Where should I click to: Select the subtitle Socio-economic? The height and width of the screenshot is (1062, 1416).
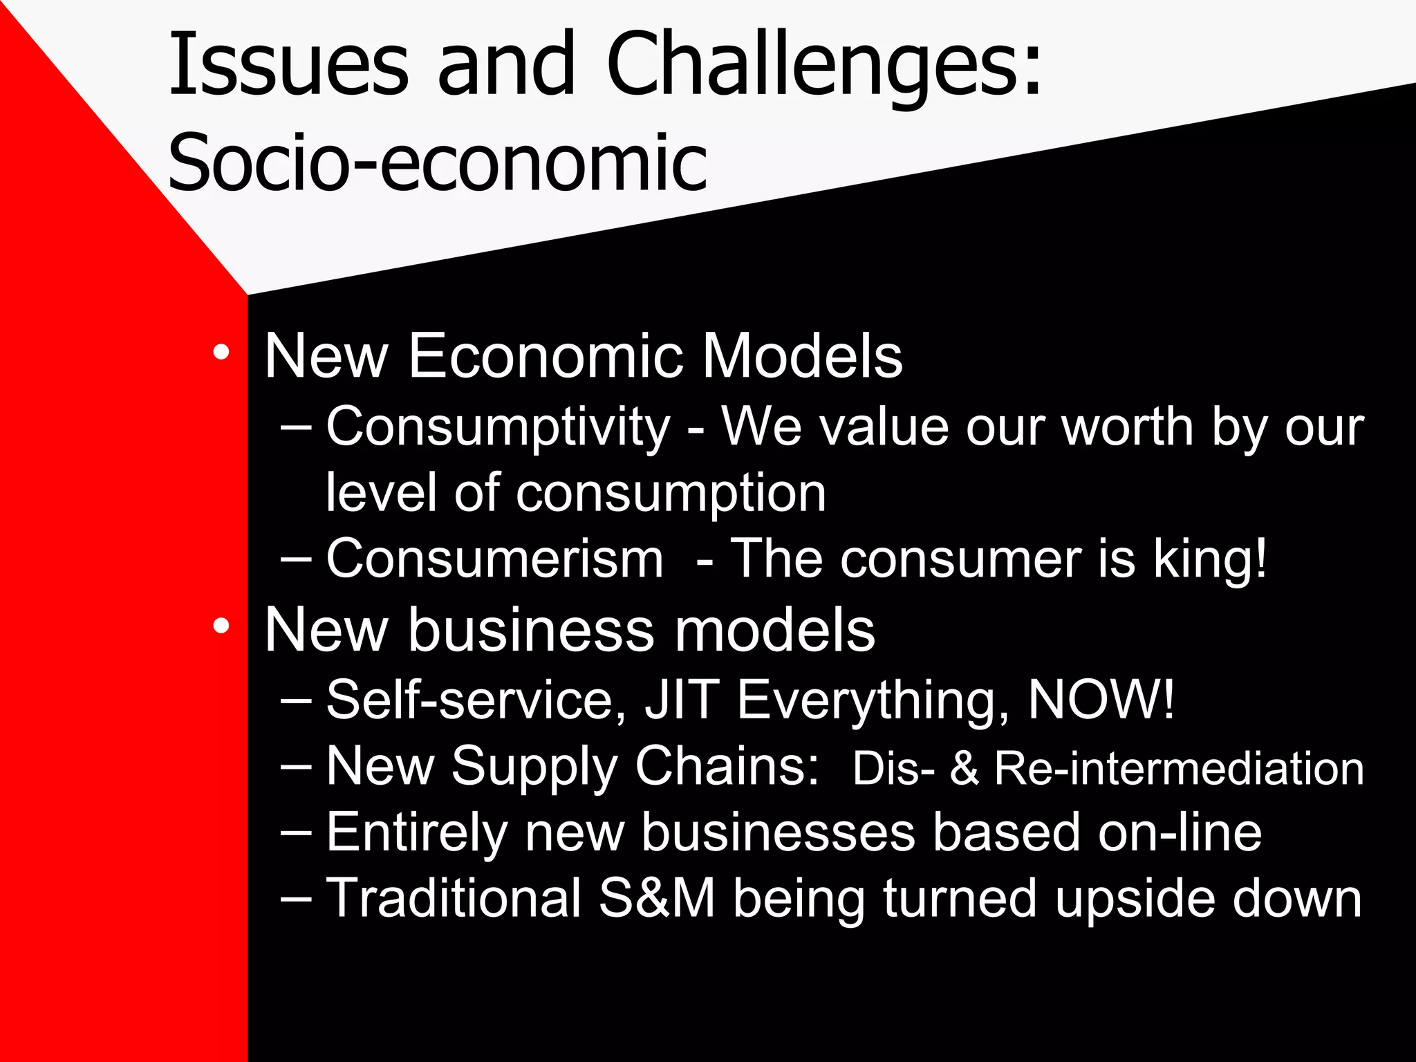(437, 162)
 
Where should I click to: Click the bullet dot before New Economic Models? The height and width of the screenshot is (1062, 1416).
(221, 353)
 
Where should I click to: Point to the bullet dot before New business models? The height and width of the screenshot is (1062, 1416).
(221, 626)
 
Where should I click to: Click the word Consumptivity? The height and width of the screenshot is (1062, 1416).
(498, 427)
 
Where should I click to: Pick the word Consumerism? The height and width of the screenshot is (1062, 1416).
(494, 559)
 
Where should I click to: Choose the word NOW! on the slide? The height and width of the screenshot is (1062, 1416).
(1101, 700)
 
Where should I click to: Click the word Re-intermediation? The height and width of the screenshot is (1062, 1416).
(1179, 769)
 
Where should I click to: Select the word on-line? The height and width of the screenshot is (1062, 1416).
(1180, 832)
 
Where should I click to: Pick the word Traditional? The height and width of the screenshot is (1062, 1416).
(454, 898)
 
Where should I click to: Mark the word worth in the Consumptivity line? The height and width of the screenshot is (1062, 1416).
(1128, 427)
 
